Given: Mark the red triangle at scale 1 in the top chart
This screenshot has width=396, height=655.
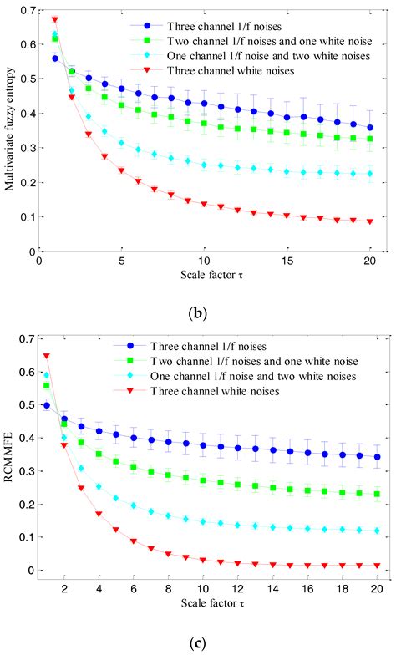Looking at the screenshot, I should coord(55,19).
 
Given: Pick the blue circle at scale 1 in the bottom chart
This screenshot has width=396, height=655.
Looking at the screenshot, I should coord(46,405).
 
